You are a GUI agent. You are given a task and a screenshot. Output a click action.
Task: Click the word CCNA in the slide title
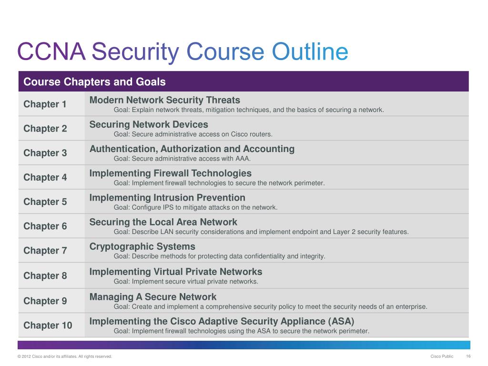click(x=51, y=52)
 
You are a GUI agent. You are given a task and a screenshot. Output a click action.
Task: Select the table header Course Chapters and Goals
click(x=94, y=82)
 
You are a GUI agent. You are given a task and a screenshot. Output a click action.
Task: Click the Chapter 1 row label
click(x=45, y=104)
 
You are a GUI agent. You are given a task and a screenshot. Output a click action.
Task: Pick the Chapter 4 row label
click(x=45, y=177)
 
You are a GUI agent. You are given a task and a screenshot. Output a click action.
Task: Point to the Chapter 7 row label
click(x=45, y=251)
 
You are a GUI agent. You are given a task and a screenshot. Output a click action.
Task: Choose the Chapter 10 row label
click(x=48, y=325)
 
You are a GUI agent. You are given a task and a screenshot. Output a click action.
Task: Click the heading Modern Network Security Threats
click(x=165, y=100)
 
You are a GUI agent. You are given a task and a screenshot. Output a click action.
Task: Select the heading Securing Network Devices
click(x=149, y=124)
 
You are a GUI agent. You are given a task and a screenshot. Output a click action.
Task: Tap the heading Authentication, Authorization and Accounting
click(x=192, y=149)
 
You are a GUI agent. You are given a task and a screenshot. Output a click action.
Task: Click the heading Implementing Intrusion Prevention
click(x=167, y=197)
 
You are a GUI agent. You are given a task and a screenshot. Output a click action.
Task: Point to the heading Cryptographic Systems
click(x=142, y=246)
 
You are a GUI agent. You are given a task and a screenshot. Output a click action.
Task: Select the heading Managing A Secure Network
click(x=153, y=297)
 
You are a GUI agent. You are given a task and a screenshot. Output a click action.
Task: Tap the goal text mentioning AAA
click(x=182, y=159)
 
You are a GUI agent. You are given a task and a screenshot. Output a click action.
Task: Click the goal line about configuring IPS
click(x=195, y=207)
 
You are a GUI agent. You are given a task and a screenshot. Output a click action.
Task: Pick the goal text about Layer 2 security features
click(x=261, y=232)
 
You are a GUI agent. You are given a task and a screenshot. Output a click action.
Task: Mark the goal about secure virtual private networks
click(x=186, y=281)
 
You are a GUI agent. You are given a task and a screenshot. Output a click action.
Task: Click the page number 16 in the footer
click(x=468, y=356)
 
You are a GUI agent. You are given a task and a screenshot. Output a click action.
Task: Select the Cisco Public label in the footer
click(x=442, y=356)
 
